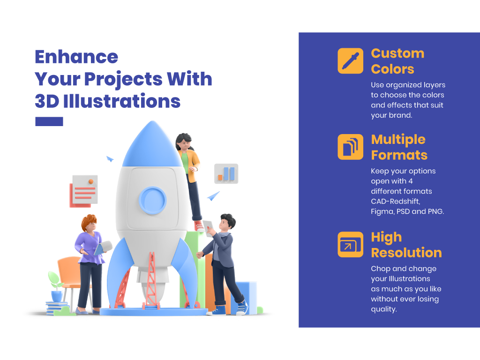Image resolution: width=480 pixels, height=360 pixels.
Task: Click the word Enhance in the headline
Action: (x=76, y=57)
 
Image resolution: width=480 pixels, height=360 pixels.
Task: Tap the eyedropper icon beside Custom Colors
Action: (x=350, y=61)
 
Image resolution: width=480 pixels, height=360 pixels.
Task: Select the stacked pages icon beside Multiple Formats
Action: (x=350, y=147)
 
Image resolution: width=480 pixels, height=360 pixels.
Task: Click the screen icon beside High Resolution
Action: (x=350, y=244)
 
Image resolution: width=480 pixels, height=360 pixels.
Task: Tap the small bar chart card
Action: (x=226, y=173)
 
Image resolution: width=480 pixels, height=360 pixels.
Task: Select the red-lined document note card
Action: (x=84, y=190)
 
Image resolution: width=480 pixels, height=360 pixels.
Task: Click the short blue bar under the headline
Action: (x=49, y=121)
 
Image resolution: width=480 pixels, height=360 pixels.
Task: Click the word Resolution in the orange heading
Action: (x=406, y=253)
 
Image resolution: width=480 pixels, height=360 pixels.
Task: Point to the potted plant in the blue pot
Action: (x=56, y=286)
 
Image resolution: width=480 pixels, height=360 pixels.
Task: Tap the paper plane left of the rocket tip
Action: (x=110, y=159)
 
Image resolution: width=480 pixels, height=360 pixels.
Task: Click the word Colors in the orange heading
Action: (x=392, y=69)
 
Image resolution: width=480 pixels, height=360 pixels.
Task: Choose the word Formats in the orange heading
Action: (x=399, y=155)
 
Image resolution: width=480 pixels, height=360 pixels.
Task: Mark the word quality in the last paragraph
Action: (x=383, y=309)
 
